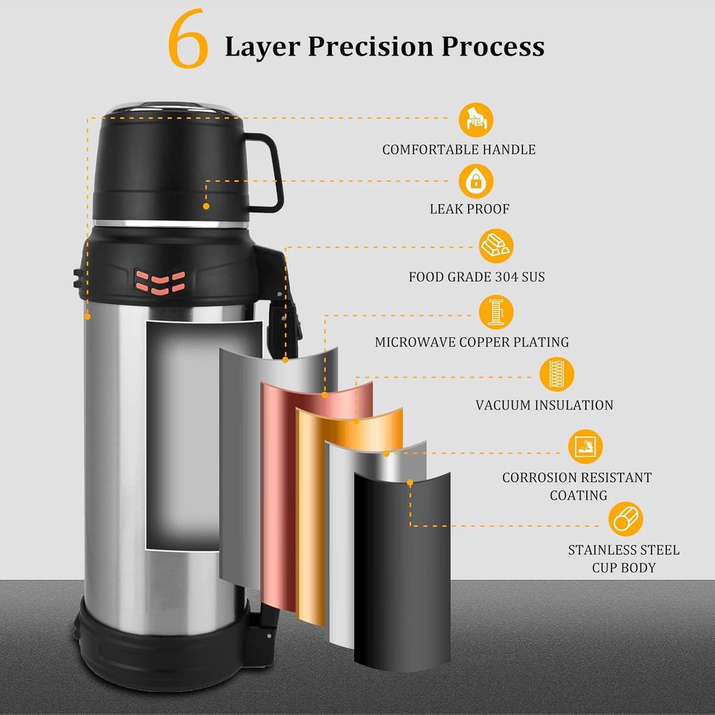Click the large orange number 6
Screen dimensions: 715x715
[188, 38]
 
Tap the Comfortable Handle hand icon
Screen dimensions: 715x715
[476, 119]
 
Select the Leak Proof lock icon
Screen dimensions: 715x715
[476, 181]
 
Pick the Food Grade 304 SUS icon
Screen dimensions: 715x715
[496, 246]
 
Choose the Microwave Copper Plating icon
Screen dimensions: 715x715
[496, 312]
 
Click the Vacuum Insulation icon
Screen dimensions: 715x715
[556, 374]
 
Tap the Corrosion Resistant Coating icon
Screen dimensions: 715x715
[586, 446]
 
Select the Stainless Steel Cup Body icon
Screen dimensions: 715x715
[626, 519]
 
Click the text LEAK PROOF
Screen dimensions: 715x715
[470, 209]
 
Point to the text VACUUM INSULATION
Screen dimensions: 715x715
[545, 405]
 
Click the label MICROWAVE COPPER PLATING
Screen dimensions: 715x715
[472, 342]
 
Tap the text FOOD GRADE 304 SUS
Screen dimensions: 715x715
[477, 277]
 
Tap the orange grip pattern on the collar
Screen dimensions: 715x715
[160, 281]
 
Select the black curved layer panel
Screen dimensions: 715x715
[401, 570]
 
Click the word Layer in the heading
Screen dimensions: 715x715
[262, 47]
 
